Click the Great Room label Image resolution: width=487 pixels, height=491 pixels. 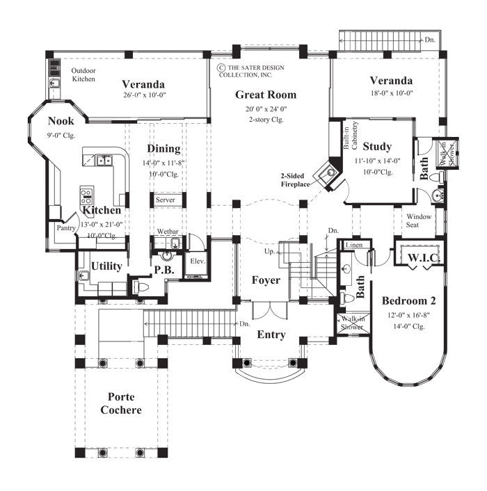[265, 95]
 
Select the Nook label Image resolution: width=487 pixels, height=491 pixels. [61, 121]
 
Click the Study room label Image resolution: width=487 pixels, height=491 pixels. [377, 147]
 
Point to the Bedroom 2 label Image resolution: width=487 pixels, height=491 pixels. [409, 301]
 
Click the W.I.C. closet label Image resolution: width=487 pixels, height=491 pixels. [422, 258]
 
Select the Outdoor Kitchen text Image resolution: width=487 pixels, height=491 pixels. [83, 75]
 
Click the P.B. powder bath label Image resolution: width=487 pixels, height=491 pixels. [163, 270]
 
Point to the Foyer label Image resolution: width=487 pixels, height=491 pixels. [266, 280]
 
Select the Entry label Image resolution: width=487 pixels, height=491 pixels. [271, 335]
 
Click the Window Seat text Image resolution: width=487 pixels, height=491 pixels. [420, 220]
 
